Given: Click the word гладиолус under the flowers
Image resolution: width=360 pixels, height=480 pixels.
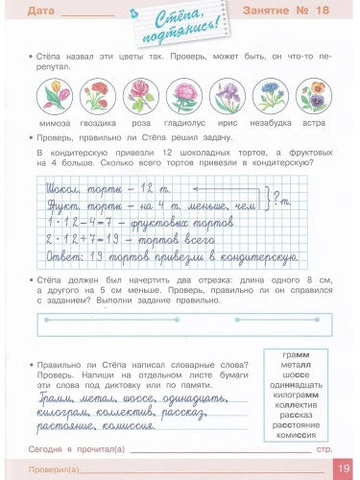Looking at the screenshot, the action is tap(188, 124).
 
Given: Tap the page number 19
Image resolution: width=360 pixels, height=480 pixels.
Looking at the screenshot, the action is tap(344, 468).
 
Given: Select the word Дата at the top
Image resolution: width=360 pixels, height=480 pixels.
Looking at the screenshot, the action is tap(40, 12).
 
